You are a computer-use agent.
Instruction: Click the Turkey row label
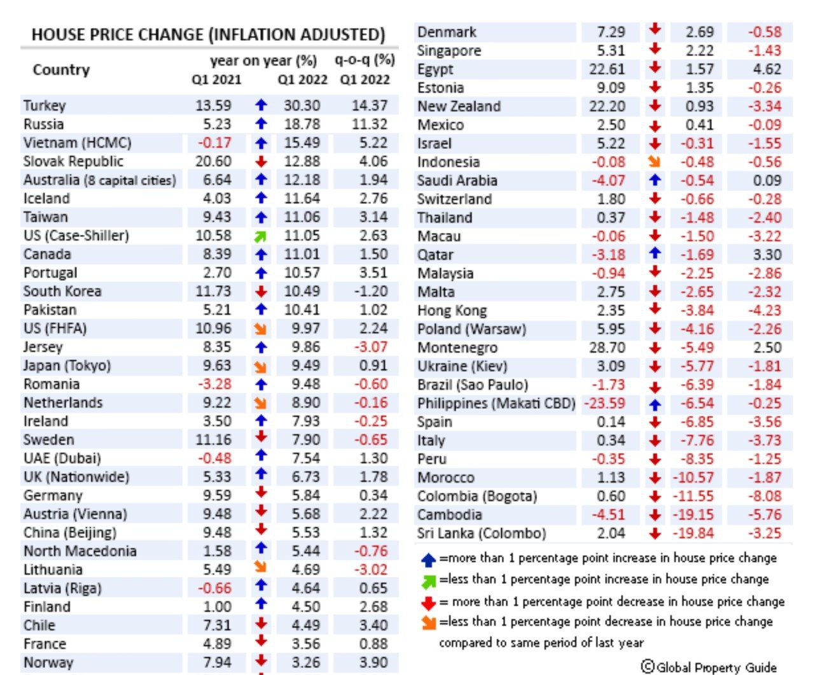[45, 106]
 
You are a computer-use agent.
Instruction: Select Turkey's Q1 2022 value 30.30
[302, 106]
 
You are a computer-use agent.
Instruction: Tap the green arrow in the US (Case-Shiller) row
[261, 237]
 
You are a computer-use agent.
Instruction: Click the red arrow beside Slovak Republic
[261, 162]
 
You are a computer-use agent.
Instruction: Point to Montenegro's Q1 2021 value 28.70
[607, 348]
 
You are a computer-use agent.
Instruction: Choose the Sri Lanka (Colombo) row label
[482, 533]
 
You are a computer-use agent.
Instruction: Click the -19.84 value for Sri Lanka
[695, 533]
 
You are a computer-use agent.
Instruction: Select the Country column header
[61, 69]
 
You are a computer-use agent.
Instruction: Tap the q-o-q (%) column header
[365, 60]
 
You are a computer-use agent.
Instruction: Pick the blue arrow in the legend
[429, 560]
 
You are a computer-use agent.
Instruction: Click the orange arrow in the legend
[429, 622]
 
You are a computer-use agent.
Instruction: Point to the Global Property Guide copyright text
[709, 667]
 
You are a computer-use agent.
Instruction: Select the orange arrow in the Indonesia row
[655, 162]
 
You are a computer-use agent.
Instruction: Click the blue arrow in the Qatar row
[655, 254]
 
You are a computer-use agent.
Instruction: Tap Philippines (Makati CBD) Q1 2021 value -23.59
[604, 404]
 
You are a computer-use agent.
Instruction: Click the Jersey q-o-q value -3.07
[371, 347]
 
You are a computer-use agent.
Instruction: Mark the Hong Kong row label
[452, 311]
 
